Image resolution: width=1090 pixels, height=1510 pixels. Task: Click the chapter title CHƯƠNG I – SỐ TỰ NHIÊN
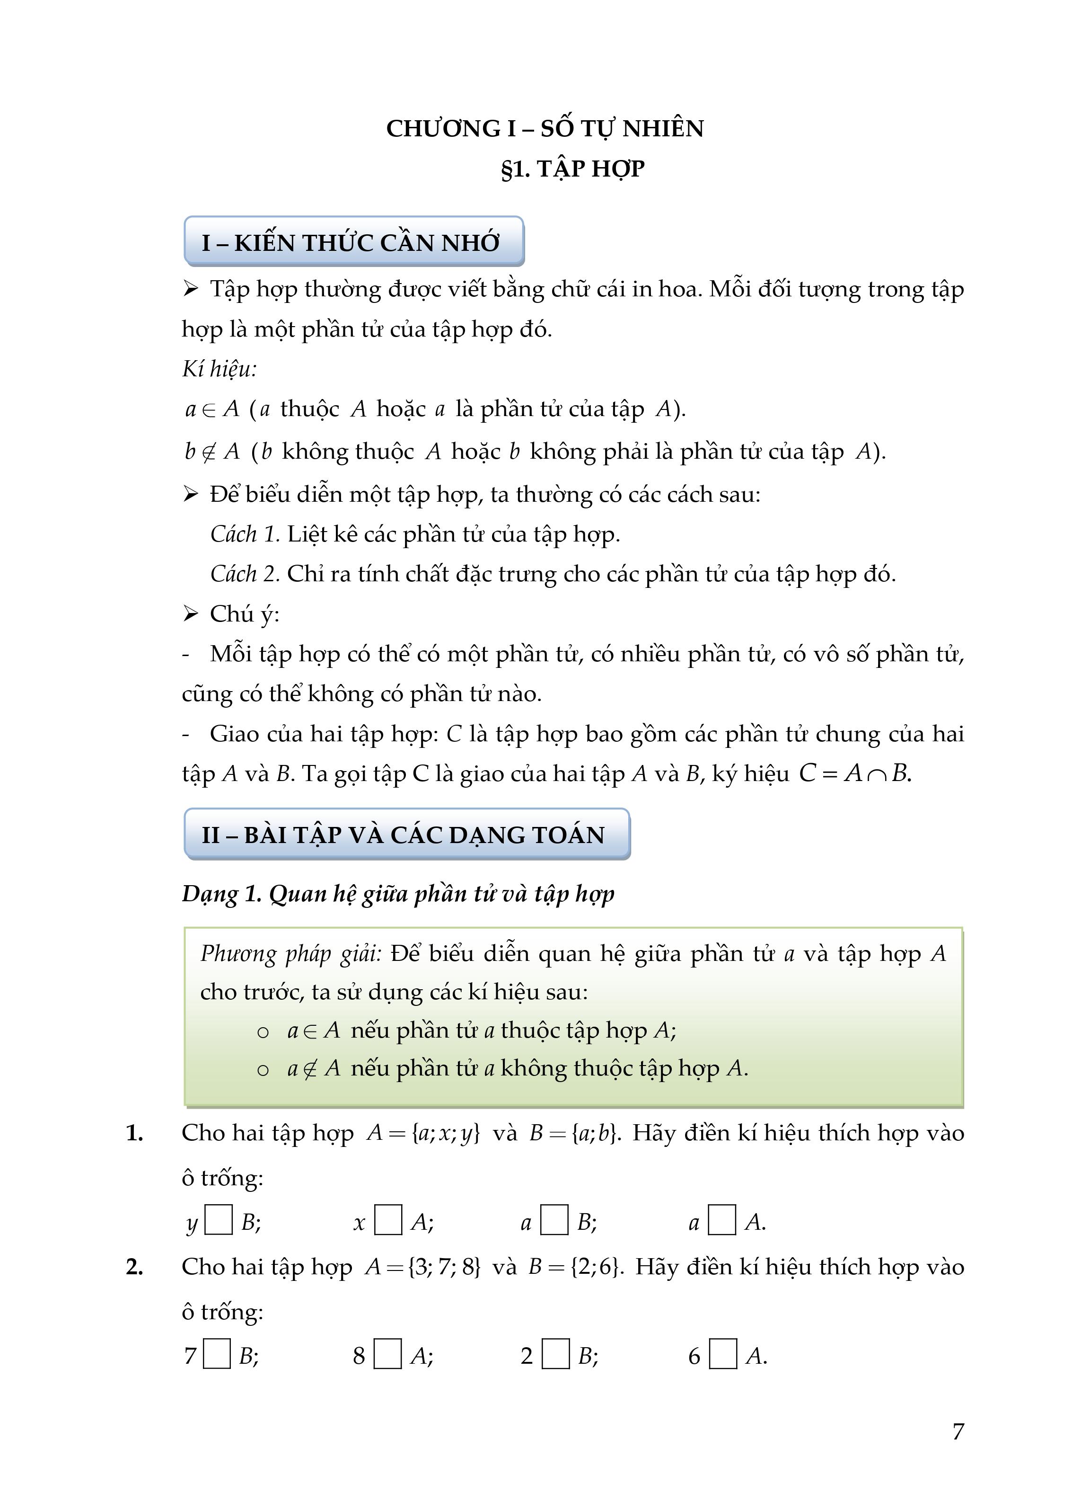[545, 128]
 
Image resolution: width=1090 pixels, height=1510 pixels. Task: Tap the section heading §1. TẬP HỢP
[572, 169]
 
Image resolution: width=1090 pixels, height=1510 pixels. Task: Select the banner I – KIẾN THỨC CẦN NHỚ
[352, 243]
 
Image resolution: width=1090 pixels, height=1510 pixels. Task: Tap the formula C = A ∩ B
[854, 773]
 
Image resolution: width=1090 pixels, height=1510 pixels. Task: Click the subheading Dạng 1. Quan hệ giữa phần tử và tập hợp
[398, 894]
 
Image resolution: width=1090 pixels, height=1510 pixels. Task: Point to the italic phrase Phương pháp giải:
[291, 954]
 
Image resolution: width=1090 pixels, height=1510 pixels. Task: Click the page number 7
[958, 1431]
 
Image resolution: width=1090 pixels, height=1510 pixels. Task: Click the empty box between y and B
[218, 1220]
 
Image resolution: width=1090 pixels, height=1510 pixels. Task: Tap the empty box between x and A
[388, 1220]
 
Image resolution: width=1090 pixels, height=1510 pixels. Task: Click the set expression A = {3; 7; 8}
[422, 1267]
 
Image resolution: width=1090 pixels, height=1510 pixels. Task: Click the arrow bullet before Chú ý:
[191, 614]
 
